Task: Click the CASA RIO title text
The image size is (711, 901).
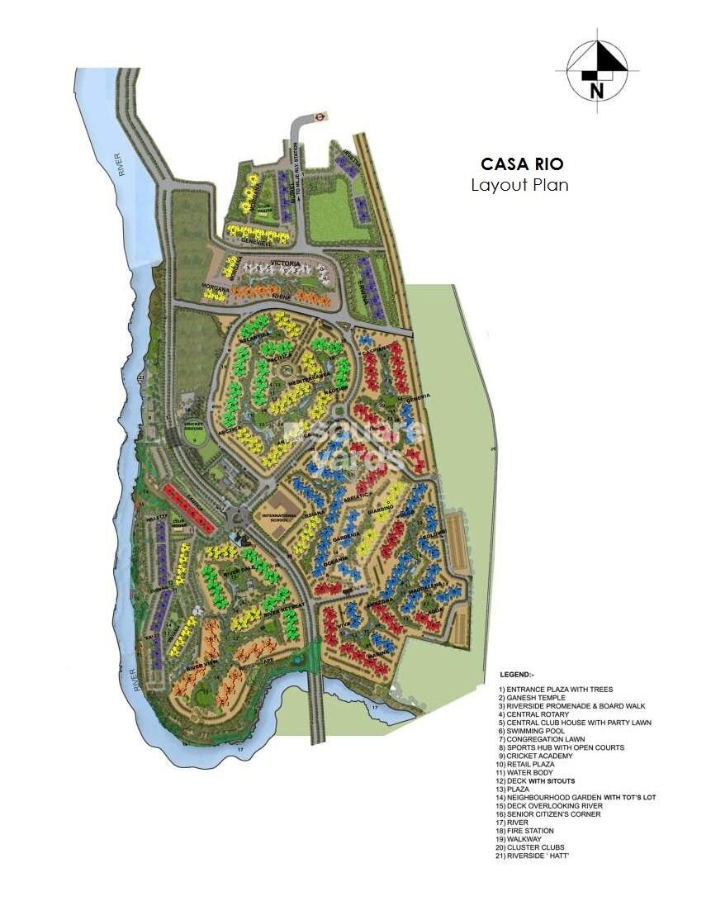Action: coord(522,164)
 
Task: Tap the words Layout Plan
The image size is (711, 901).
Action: coord(519,185)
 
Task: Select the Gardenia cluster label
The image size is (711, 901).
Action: coord(346,536)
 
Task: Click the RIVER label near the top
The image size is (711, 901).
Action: coord(121,164)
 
